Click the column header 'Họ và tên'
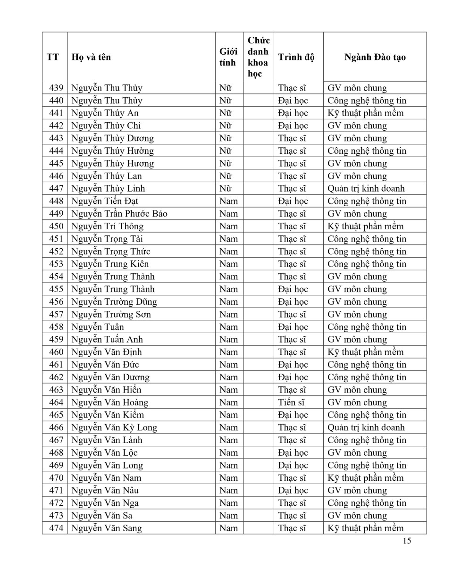[x=91, y=57]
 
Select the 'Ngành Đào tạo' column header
[x=375, y=57]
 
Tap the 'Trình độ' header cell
[x=296, y=57]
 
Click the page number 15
[x=407, y=541]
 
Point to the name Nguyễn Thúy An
[x=105, y=113]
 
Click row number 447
[x=56, y=188]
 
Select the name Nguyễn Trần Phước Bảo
[x=119, y=213]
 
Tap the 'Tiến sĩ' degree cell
[x=291, y=402]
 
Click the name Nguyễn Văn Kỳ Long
[x=114, y=427]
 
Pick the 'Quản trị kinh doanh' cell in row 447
[x=366, y=188]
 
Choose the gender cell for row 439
[x=225, y=88]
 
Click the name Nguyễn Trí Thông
[x=107, y=226]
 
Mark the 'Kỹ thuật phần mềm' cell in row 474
[x=365, y=528]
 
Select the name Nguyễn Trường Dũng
[x=114, y=301]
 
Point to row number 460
[x=56, y=352]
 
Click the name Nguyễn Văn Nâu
[x=105, y=490]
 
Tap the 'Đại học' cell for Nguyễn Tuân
[x=293, y=326]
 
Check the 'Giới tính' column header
[x=228, y=57]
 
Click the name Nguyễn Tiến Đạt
[x=104, y=201]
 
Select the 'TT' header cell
[x=53, y=57]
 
